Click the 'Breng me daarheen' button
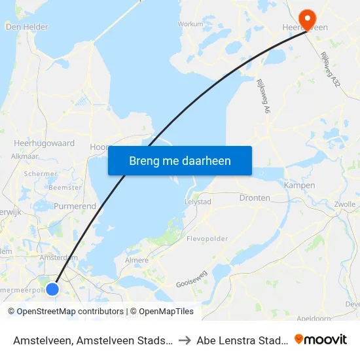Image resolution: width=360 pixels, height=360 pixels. pos(180,160)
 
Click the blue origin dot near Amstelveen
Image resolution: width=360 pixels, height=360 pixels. pos(53,288)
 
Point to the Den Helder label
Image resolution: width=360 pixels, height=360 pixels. pos(27,27)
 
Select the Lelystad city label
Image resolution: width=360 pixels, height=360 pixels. pos(198,202)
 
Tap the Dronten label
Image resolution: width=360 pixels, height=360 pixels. pos(255,198)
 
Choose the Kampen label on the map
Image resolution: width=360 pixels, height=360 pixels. pos(299,185)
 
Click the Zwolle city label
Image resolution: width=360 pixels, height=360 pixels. pos(345,204)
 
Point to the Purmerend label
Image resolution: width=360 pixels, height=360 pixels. pos(75,206)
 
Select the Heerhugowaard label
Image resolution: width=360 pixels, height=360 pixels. pos(44,143)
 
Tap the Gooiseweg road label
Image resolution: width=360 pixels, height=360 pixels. pos(191,283)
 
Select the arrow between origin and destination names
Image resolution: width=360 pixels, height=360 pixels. pos(185,340)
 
